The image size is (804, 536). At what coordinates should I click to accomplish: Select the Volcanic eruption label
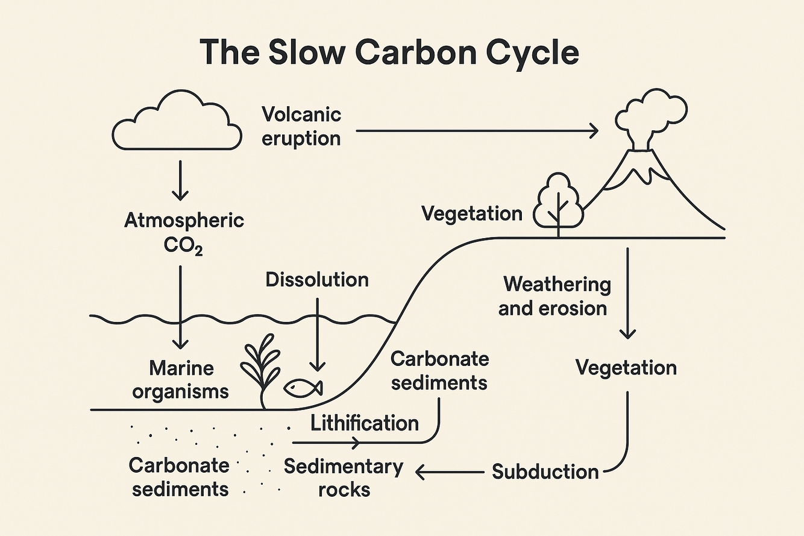301,126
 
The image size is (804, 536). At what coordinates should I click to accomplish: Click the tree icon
558,202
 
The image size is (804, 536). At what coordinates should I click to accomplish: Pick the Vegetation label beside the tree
472,213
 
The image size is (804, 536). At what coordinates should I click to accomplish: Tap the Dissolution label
317,280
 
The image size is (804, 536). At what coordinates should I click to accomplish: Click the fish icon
303,388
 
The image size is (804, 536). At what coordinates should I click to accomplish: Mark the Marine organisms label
181,379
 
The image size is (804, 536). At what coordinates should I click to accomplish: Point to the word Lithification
365,423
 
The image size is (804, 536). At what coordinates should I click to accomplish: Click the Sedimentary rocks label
344,477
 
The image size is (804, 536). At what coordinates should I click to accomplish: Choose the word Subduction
545,471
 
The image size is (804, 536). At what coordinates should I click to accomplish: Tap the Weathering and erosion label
556,296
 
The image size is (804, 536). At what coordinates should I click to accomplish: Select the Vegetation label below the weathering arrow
626,368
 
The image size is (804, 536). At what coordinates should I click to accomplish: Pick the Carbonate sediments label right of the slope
439,370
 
